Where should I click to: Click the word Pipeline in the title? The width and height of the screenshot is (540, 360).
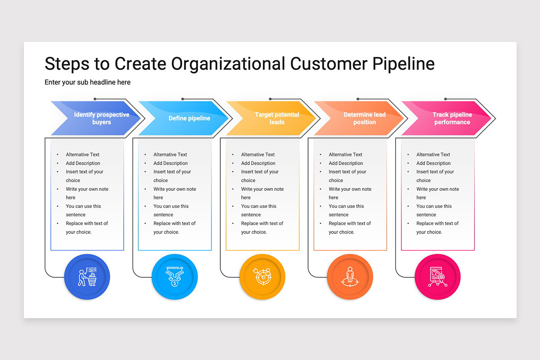coord(403,64)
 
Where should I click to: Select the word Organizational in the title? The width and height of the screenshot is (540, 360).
coord(228,64)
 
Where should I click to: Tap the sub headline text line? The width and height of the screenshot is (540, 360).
coord(87,82)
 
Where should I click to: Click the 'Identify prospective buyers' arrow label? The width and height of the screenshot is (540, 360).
coord(102,118)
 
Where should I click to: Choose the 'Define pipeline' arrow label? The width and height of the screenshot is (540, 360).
coord(189,118)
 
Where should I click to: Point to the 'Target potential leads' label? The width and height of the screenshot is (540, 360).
coord(277,118)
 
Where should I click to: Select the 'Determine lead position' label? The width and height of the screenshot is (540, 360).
coord(364,118)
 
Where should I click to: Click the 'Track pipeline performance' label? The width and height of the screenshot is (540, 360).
coord(452,118)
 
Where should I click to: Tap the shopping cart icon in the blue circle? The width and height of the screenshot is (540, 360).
coord(87,277)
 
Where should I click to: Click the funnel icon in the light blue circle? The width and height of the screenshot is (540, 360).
coord(175,277)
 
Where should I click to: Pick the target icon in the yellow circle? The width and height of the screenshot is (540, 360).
coord(262,277)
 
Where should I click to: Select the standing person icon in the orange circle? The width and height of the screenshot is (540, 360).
coord(350,277)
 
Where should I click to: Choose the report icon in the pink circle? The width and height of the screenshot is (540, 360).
coord(437,277)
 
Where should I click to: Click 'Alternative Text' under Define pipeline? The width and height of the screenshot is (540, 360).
coord(170,154)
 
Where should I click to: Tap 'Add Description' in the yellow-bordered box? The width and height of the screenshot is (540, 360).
coord(258,163)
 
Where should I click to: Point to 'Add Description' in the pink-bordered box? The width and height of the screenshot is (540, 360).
coord(433,163)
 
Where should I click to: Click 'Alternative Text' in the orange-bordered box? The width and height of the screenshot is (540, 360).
coord(346,154)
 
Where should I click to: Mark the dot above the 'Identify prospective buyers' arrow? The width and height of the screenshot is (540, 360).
coord(95,99)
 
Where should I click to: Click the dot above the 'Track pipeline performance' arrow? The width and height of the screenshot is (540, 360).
coord(445,99)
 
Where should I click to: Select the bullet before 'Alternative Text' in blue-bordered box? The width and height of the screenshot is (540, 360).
coord(58,154)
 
